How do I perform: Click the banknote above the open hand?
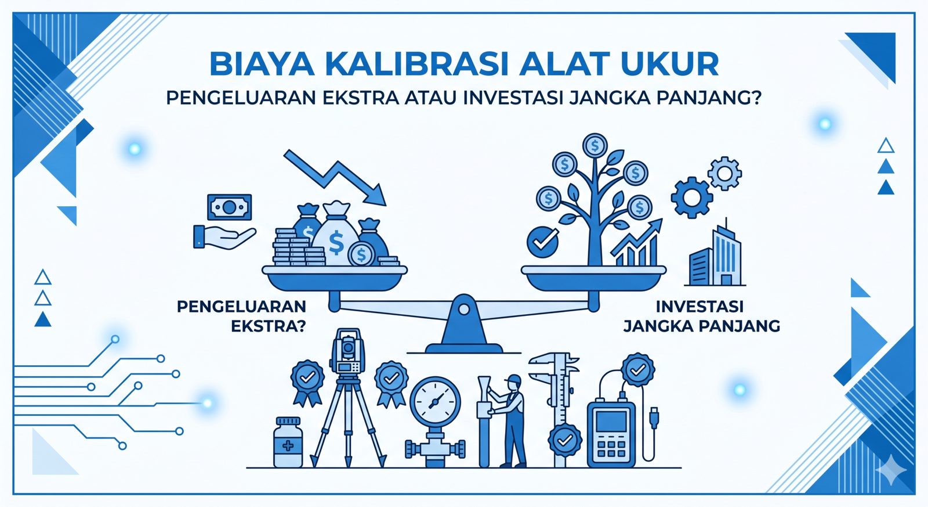tap(230, 207)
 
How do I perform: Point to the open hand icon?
tap(224, 237)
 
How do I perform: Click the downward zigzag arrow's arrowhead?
tap(374, 195)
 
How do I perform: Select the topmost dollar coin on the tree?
tap(595, 146)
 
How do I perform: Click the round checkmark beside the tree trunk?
tap(543, 242)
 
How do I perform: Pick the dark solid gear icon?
tap(691, 197)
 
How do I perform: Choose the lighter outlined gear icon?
tap(724, 174)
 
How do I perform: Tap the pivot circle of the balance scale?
tap(464, 309)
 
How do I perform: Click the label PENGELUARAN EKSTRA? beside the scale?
tap(241, 316)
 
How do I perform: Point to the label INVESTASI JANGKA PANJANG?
tap(701, 316)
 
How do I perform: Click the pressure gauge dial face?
tap(435, 402)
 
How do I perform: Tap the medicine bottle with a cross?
tap(288, 443)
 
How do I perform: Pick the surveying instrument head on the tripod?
tap(349, 352)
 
